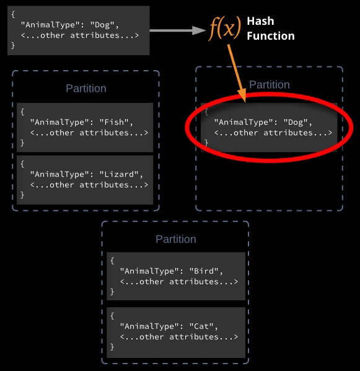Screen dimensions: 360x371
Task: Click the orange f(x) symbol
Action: pos(225,29)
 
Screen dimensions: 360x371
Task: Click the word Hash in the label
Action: pos(260,21)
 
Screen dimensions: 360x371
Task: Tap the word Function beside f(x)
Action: pos(271,36)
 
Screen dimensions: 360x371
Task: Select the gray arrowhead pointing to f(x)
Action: pos(199,30)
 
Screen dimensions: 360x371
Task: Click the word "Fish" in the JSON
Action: pos(114,122)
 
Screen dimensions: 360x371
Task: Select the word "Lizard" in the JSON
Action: pos(119,174)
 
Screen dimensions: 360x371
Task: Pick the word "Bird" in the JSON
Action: pos(204,271)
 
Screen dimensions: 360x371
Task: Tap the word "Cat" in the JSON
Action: pos(201,326)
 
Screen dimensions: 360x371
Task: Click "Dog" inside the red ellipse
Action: pos(296,122)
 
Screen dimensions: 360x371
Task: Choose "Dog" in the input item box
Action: pos(102,25)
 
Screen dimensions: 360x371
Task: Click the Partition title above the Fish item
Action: pos(86,89)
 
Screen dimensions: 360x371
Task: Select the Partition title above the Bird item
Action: pos(176,239)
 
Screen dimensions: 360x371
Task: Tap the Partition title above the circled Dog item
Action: pos(270,85)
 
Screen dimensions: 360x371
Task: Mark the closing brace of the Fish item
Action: pos(22,143)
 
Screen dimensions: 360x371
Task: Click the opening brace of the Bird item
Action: pos(112,261)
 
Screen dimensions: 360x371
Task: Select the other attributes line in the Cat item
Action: pos(179,337)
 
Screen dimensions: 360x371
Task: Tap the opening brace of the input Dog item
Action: pos(13,14)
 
